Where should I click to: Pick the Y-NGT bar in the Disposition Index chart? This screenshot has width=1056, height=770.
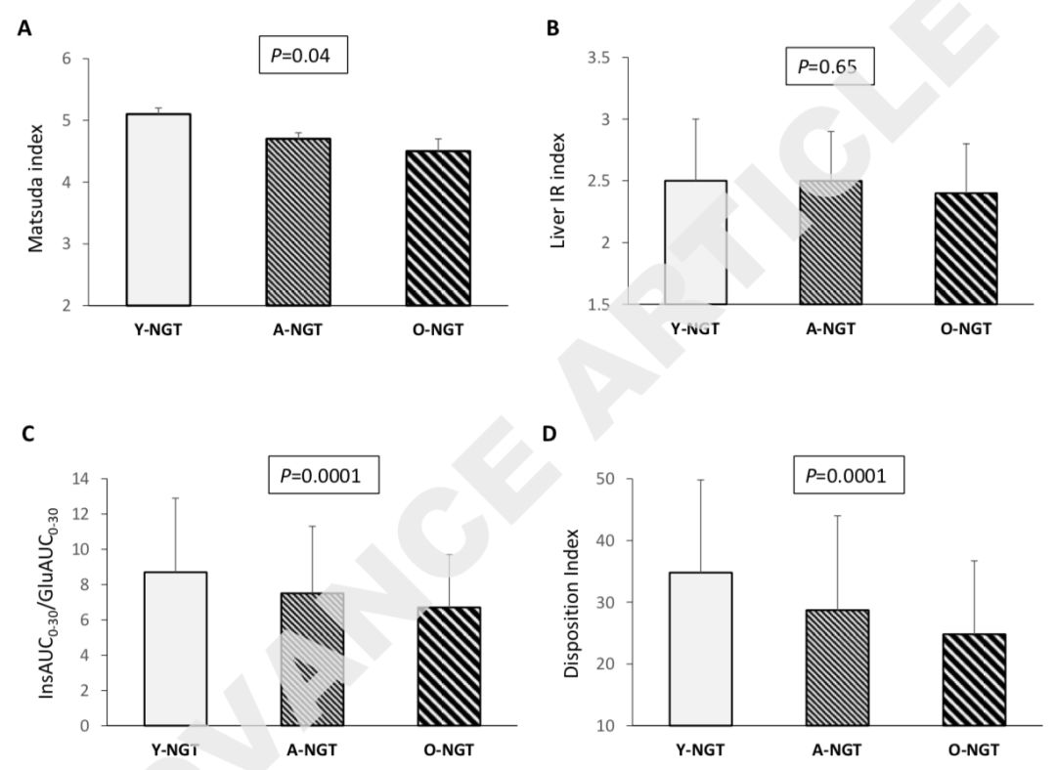700,648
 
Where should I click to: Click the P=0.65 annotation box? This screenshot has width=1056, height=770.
830,66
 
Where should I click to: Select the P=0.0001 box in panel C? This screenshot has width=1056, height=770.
324,477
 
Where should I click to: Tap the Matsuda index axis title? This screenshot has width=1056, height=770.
36,182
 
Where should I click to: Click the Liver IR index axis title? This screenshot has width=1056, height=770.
558,182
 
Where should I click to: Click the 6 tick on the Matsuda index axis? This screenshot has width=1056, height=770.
67,59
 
